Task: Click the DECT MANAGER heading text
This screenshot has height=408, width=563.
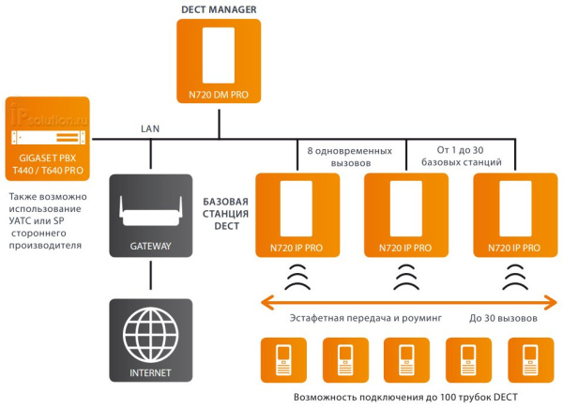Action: click(x=218, y=9)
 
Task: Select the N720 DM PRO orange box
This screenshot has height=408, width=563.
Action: click(x=218, y=63)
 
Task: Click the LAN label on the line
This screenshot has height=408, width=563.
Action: click(x=150, y=128)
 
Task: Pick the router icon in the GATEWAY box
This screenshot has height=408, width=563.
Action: click(x=150, y=211)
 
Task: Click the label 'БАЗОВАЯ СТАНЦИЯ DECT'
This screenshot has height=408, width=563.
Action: click(x=225, y=215)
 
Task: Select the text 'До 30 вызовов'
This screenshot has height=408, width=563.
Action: click(x=503, y=319)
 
